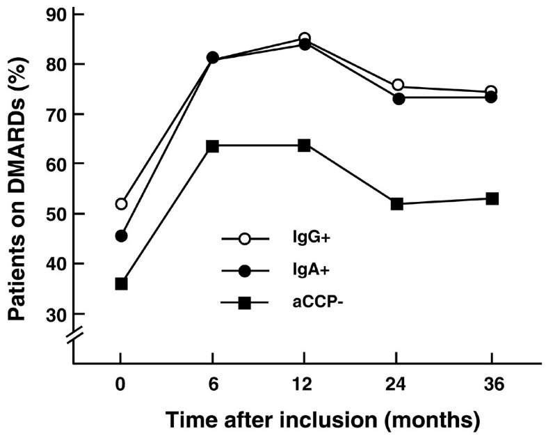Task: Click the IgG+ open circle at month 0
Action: pos(122,204)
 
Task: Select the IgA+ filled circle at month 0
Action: pos(122,236)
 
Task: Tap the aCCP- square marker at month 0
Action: pos(122,283)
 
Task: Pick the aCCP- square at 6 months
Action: pos(213,146)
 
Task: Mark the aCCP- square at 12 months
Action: pos(304,146)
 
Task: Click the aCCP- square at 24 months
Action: pos(397,204)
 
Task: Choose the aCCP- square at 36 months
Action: pos(492,198)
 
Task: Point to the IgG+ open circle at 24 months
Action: pos(397,85)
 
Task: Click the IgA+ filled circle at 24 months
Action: pos(398,99)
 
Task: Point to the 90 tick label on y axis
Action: pos(56,15)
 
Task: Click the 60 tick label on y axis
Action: pos(56,164)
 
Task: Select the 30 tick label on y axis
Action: pos(56,314)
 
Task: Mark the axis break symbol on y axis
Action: pos(74,338)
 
